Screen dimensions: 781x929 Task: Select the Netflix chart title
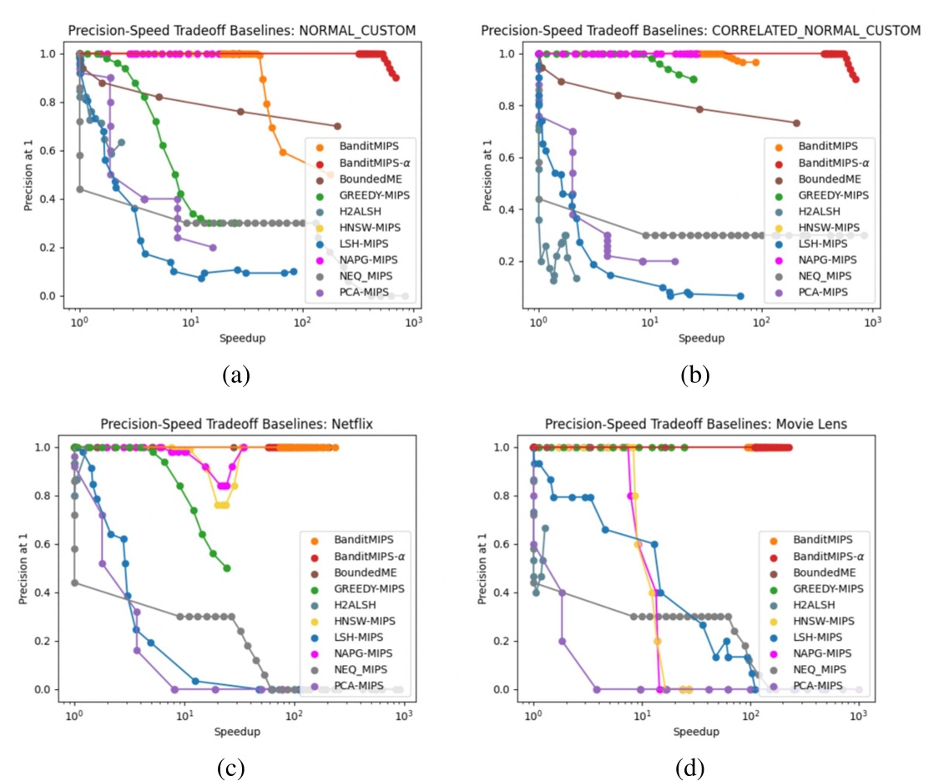click(236, 424)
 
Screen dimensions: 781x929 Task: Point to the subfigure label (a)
click(236, 375)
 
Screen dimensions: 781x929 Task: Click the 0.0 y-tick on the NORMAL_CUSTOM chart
click(52, 296)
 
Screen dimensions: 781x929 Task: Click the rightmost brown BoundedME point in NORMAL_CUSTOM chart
click(337, 126)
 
